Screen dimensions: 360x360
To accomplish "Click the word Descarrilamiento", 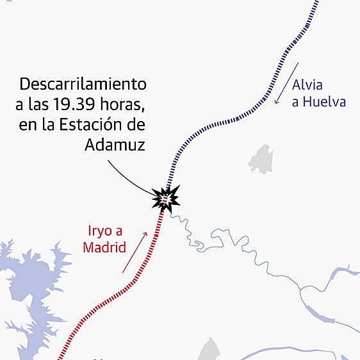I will coord(83,84).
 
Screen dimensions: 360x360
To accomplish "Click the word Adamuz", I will coord(115,145).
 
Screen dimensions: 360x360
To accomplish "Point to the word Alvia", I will coord(307,85).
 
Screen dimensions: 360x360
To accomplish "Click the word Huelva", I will coord(324,102).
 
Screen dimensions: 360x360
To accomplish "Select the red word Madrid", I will coord(104,248).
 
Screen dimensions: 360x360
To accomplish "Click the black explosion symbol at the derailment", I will coord(165,199).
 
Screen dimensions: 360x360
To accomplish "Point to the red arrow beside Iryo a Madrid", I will coord(135,252).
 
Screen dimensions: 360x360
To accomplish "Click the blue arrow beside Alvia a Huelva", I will coord(286,83).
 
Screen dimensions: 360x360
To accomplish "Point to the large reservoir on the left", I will coord(26,282).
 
